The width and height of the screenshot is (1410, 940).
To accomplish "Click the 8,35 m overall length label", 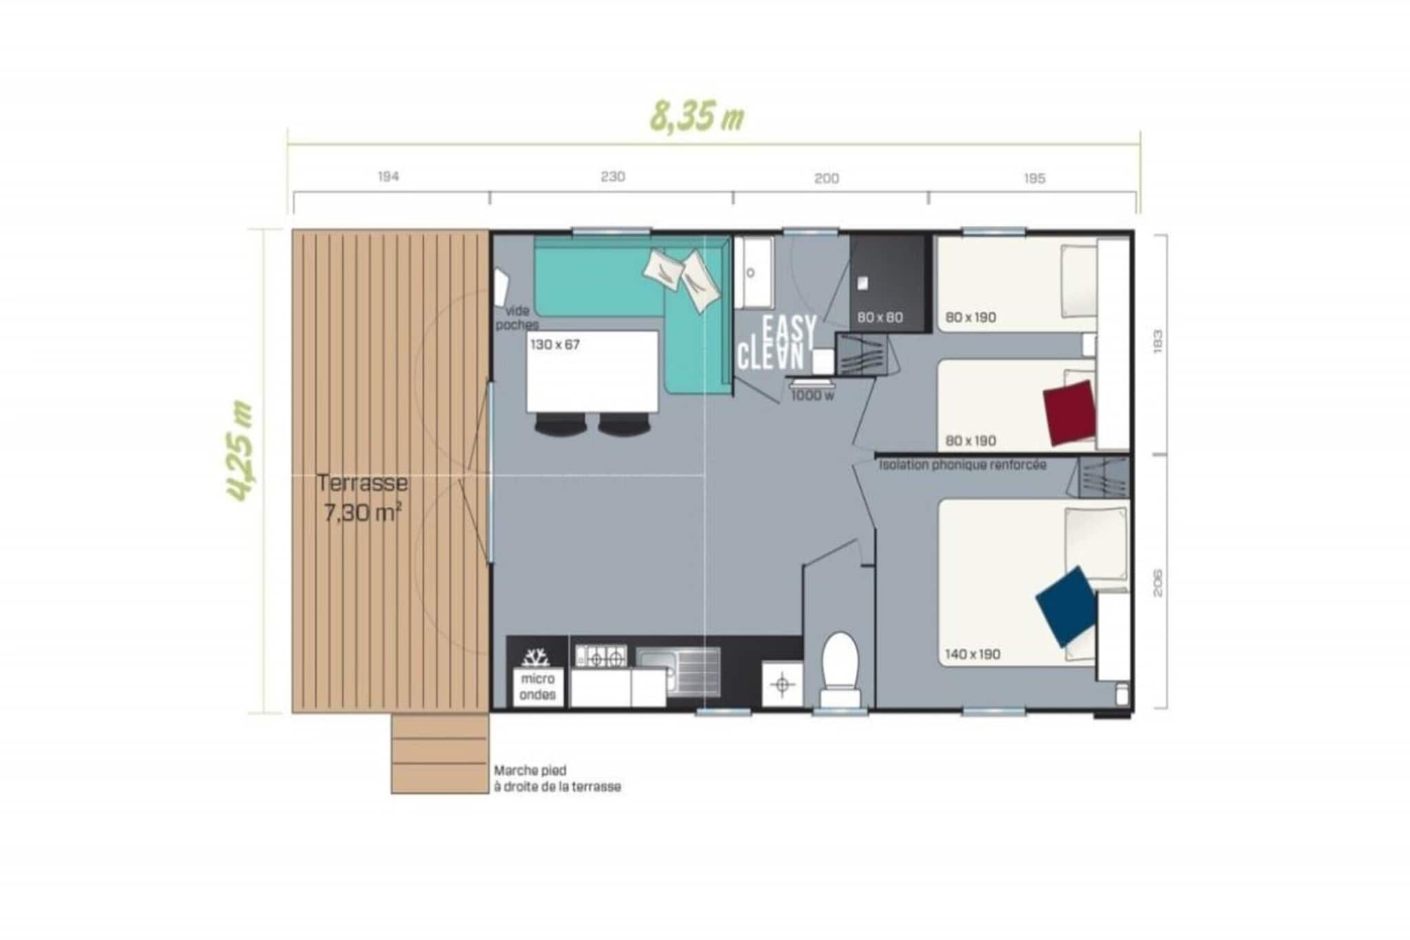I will (697, 117).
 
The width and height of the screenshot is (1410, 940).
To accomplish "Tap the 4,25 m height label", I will (240, 451).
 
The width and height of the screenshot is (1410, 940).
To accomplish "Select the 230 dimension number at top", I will (612, 177).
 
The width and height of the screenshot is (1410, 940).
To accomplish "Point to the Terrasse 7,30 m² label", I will (362, 497).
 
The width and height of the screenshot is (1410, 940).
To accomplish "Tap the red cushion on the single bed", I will (1069, 412).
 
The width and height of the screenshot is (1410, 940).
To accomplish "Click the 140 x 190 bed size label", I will (972, 654).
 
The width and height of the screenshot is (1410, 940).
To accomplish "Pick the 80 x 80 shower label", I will (880, 317).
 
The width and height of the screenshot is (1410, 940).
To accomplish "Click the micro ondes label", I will (538, 687).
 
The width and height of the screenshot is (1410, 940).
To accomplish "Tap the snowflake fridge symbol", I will (536, 657).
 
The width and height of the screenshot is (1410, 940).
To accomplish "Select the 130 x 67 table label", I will (555, 344).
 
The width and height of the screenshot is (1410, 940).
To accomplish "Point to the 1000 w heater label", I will (812, 395).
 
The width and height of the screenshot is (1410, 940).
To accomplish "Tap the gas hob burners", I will (602, 657).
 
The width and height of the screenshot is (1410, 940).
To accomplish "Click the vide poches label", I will (516, 317).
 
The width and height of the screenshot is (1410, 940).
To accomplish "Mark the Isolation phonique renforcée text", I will (962, 465).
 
